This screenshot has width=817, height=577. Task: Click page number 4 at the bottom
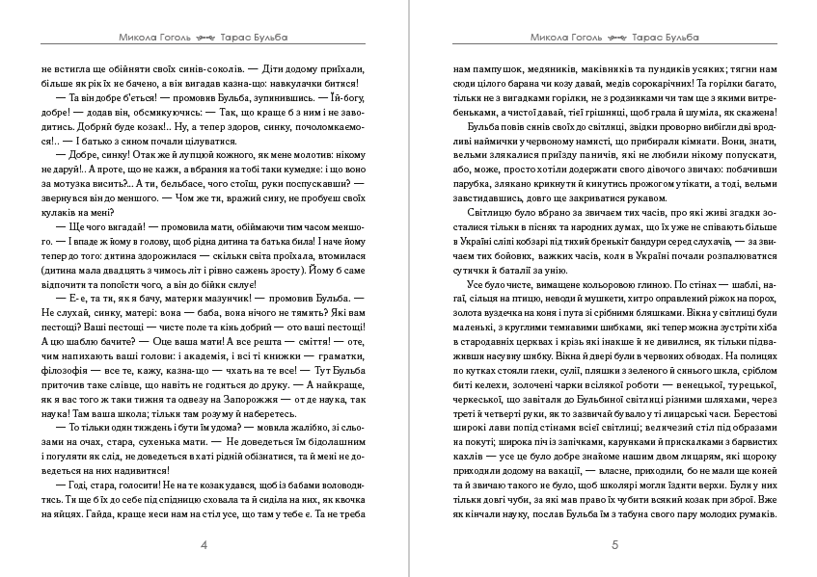coord(204,545)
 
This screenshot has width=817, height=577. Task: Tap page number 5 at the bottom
coord(614,545)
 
